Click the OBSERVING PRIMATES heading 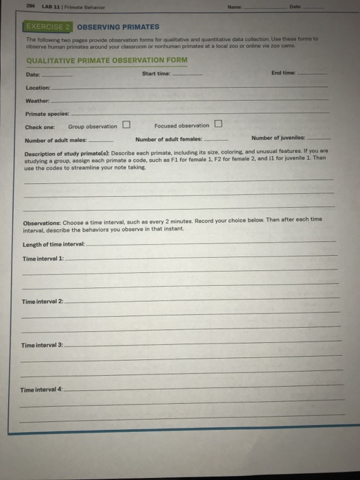point(117,27)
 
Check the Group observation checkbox point(127,125)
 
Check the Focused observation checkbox point(218,124)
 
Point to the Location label point(37,88)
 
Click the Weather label point(36,101)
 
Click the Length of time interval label point(53,244)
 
